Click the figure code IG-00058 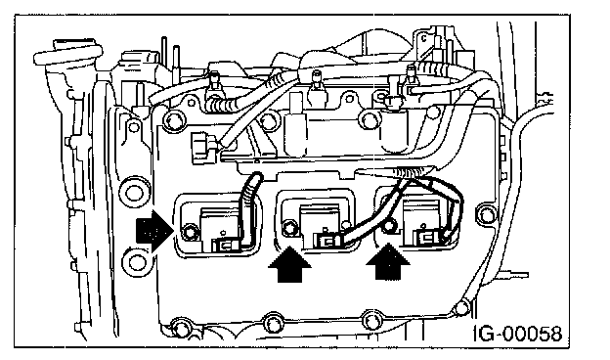tap(518, 334)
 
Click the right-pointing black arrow tap(154, 231)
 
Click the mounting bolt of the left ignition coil tap(190, 232)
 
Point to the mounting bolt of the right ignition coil tap(389, 226)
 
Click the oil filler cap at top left tap(68, 53)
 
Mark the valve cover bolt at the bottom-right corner tap(461, 308)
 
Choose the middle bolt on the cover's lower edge tap(273, 322)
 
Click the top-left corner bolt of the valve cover tap(173, 120)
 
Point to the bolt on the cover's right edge tap(486, 214)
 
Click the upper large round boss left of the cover tap(133, 193)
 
